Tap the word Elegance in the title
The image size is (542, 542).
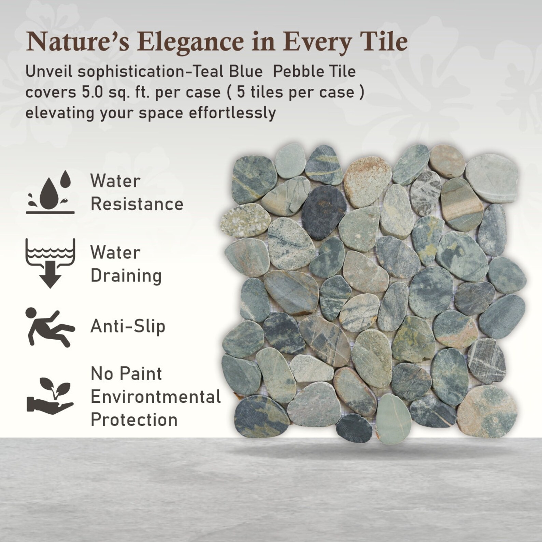[192, 42]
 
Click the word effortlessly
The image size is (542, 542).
[232, 113]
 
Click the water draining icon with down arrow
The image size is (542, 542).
[50, 262]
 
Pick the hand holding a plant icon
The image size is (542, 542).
[50, 396]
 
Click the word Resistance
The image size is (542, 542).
[137, 204]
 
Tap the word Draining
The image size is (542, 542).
[126, 276]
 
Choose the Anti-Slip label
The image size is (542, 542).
[128, 326]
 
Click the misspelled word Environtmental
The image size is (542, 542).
[156, 397]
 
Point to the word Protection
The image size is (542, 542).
[134, 420]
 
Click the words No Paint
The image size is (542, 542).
[126, 374]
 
